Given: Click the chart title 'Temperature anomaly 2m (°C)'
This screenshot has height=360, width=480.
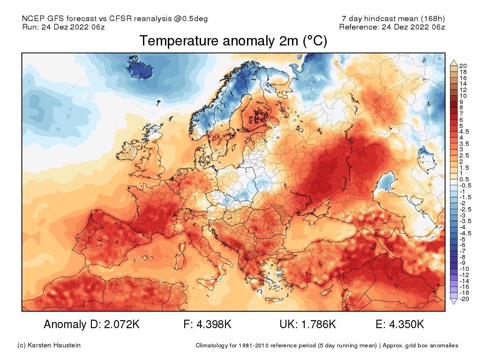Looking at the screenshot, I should coord(233,41).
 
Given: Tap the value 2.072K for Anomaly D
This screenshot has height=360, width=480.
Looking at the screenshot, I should coord(119,324).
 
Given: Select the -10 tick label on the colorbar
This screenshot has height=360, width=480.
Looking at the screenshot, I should coord(465,269).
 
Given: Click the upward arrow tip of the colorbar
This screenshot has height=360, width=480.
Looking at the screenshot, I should coord(454,61).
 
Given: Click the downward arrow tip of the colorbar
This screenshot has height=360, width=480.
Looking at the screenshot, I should coord(454,303).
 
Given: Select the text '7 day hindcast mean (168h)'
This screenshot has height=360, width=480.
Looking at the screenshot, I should coord(393,19).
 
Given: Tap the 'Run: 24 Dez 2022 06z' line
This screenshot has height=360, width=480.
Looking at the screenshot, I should coord(63,27).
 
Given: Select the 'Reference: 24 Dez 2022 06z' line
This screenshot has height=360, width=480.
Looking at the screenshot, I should coord(392,27).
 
